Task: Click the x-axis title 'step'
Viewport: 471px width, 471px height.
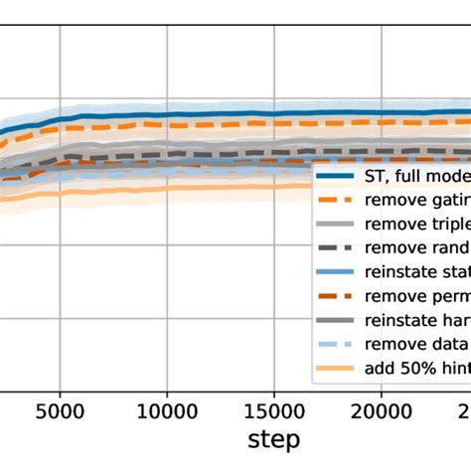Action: coord(274,438)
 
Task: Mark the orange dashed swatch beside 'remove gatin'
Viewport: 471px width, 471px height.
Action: coord(337,200)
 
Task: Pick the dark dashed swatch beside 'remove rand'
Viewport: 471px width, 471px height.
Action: coord(337,247)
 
